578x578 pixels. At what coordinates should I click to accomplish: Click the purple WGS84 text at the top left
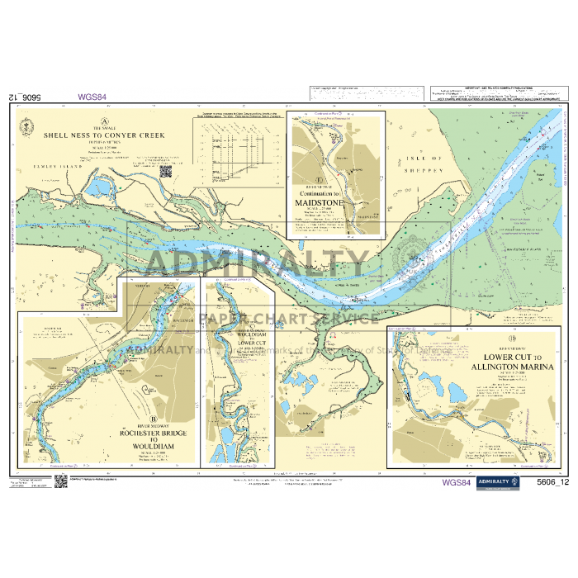pos(92,97)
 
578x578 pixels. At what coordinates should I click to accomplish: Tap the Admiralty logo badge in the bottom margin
pos(493,482)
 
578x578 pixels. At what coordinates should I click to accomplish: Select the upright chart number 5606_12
pos(552,482)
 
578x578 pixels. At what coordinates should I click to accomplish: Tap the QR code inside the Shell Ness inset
pos(165,173)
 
